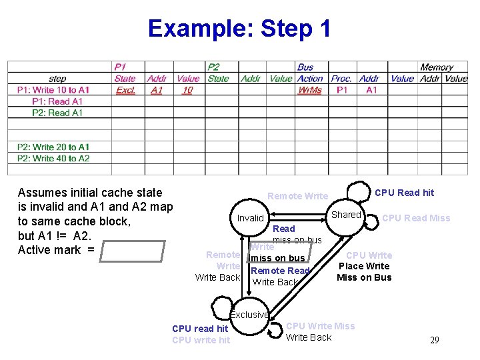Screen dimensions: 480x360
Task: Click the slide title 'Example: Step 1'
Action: point(239,29)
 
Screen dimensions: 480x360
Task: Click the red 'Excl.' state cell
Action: point(126,90)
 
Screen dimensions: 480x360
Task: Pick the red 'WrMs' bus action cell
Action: point(309,90)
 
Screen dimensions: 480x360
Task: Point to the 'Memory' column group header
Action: point(437,67)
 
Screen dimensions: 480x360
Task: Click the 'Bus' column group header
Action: point(305,67)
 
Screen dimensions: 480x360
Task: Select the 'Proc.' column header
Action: point(342,79)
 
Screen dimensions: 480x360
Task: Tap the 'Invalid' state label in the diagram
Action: point(251,218)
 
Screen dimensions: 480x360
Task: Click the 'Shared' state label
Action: point(346,215)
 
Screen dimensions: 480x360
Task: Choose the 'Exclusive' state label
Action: point(249,315)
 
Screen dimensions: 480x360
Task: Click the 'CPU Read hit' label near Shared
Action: point(404,193)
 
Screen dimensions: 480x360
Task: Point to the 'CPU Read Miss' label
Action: point(416,218)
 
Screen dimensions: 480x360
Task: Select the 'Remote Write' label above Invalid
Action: point(297,196)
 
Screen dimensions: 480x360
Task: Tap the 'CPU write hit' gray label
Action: point(201,340)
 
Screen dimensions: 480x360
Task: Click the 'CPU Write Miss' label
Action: point(320,326)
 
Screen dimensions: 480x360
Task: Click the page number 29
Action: point(434,341)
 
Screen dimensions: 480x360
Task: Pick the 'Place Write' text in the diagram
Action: point(364,266)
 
